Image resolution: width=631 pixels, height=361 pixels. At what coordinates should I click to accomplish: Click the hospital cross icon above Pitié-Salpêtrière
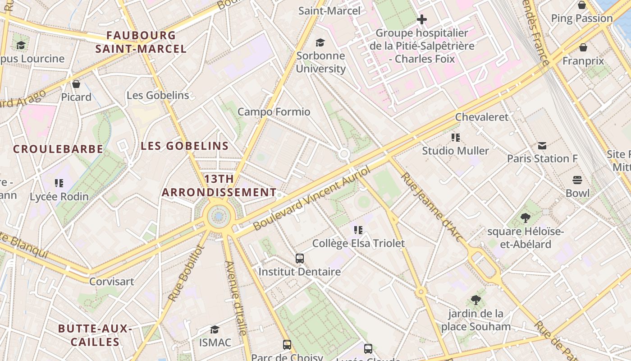pos(422,19)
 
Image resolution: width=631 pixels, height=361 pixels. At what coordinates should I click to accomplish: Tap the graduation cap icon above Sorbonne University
pos(320,42)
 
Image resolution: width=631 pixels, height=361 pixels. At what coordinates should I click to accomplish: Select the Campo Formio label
pos(274,111)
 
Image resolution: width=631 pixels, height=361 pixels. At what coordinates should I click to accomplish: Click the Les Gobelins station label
pos(158,95)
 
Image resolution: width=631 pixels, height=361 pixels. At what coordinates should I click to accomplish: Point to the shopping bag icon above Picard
pos(76,84)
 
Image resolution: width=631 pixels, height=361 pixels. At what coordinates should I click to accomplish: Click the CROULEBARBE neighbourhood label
pos(58,149)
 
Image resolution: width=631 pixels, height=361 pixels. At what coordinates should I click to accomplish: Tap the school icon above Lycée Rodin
pos(59,183)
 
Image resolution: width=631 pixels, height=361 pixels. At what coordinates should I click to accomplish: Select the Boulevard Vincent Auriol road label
pos(311,198)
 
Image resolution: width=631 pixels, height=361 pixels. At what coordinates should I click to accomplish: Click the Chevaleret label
pos(481,117)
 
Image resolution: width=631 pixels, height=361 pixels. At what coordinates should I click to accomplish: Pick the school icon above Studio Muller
pos(456,138)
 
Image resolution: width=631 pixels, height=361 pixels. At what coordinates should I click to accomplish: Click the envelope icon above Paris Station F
pos(542,146)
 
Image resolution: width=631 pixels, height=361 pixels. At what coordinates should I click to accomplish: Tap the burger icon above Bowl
pos(577,180)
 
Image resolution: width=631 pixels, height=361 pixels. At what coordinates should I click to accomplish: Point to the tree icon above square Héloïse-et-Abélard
pos(525,218)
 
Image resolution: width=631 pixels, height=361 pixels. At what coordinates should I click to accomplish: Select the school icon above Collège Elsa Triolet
pos(358,230)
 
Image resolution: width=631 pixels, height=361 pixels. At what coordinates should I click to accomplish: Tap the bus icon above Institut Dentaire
pos(300,259)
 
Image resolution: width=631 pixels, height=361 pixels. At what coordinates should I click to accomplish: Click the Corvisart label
pos(111,282)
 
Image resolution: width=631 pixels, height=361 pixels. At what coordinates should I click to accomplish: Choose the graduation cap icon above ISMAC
pos(215,329)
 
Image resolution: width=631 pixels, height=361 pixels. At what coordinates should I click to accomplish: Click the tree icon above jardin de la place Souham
pos(476,300)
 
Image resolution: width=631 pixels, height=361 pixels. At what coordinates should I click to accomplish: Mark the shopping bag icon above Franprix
pos(583,47)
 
